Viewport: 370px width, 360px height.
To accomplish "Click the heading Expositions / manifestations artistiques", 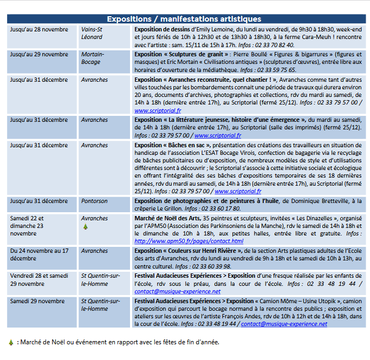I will tap(184, 19).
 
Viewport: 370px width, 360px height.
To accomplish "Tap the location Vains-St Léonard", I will tap(92, 33).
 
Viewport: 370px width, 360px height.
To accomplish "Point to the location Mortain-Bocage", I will tap(93, 58).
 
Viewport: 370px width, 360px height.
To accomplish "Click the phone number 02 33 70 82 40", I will tap(275, 45).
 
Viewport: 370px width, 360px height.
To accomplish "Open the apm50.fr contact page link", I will tap(189, 241).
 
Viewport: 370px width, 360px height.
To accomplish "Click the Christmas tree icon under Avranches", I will tap(85, 227).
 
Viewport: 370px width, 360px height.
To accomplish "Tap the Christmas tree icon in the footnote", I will tap(11, 342).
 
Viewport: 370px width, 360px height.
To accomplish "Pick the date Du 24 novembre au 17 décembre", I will tap(39, 254).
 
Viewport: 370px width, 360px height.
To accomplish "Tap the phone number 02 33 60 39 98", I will tap(209, 266).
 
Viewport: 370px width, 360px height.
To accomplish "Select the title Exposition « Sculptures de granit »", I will tap(181, 54).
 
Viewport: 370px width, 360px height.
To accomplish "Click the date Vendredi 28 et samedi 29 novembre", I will tap(39, 279).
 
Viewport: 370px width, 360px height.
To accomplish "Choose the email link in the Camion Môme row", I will tap(284, 324).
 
